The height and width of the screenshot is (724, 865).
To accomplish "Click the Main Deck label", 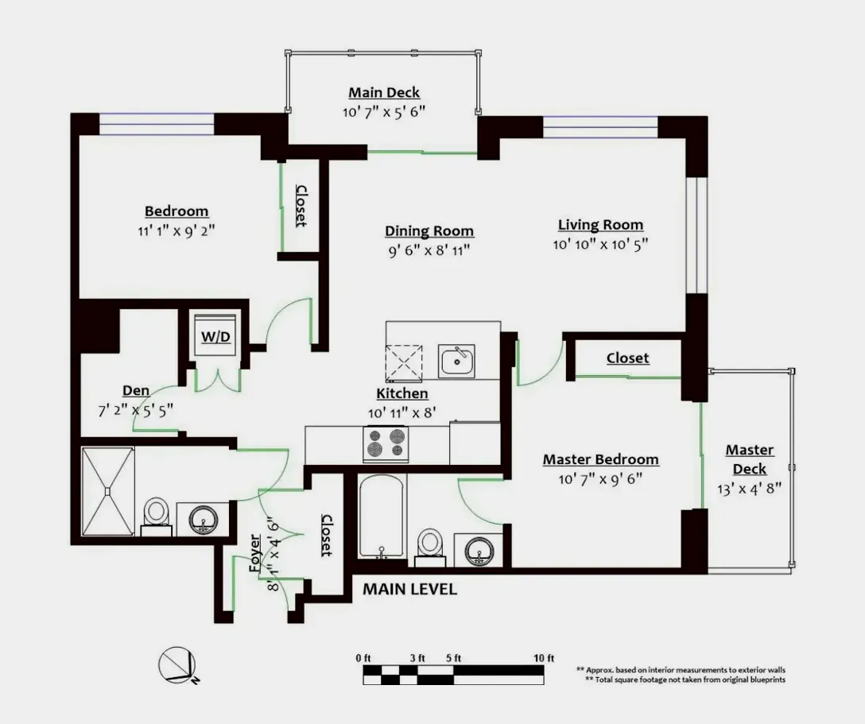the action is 384,93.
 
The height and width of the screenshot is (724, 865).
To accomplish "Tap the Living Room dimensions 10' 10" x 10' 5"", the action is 600,244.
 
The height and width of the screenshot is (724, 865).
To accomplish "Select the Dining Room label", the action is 429,231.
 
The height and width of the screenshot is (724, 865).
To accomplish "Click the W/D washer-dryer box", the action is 215,335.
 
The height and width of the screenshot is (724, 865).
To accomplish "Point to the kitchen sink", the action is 456,361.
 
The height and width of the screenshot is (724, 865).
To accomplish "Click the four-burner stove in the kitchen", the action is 386,444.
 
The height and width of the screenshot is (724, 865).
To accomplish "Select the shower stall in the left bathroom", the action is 108,491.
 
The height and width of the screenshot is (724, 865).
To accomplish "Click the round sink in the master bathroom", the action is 479,550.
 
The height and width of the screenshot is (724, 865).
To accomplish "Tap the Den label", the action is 136,390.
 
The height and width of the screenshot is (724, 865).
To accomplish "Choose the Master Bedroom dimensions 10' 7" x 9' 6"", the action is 600,479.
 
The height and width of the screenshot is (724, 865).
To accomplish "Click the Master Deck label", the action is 750,459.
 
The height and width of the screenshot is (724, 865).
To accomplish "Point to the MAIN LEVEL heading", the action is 410,590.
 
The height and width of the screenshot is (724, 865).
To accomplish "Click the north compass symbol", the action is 177,665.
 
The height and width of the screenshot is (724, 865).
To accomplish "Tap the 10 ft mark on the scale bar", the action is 543,658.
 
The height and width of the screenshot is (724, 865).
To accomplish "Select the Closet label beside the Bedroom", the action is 301,206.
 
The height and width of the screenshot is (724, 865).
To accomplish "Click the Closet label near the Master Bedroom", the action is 628,358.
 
